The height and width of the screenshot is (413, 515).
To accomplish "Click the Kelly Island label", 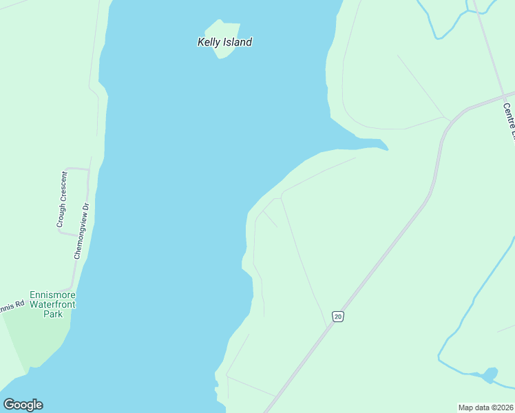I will pyautogui.click(x=224, y=42).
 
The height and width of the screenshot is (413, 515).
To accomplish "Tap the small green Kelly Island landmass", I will pyautogui.click(x=224, y=29).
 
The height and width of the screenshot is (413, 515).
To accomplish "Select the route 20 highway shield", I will pyautogui.click(x=337, y=316).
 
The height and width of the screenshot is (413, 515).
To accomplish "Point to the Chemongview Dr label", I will pyautogui.click(x=81, y=231).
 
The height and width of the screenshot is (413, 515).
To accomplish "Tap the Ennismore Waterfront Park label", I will pyautogui.click(x=52, y=304).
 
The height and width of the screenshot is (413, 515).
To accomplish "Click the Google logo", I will pyautogui.click(x=23, y=405).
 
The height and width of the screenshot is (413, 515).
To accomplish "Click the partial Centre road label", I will pyautogui.click(x=509, y=121).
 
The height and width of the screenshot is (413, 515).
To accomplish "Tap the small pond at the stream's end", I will pyautogui.click(x=490, y=375).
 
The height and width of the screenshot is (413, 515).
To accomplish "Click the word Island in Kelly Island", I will pyautogui.click(x=238, y=42).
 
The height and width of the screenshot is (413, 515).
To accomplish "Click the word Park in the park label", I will pyautogui.click(x=52, y=314).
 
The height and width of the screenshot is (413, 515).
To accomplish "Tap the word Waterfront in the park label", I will pyautogui.click(x=52, y=304).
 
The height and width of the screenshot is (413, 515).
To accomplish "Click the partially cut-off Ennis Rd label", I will pyautogui.click(x=12, y=305).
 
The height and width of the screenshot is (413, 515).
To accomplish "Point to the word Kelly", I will pyautogui.click(x=209, y=42).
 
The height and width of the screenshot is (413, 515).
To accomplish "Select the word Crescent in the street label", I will pyautogui.click(x=62, y=189).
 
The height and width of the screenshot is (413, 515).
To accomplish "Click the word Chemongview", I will pyautogui.click(x=80, y=236).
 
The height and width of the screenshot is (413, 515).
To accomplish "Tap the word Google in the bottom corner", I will pyautogui.click(x=23, y=405).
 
